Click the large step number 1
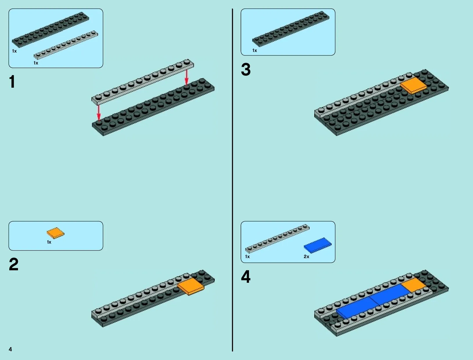tap(12, 82)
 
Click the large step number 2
tap(14, 264)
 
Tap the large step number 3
tap(246, 69)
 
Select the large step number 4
tap(246, 277)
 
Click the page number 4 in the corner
tap(10, 349)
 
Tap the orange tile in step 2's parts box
tap(56, 233)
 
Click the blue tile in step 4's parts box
tap(318, 245)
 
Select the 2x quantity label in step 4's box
tap(306, 257)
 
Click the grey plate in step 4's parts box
tap(277, 239)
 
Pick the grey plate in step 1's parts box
tap(66, 45)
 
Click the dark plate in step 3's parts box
tap(291, 29)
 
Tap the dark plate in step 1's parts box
tap(50, 30)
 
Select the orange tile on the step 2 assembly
tap(190, 287)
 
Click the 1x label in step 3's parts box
tap(254, 51)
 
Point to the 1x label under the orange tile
tap(49, 242)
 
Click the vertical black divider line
tap(232, 180)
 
